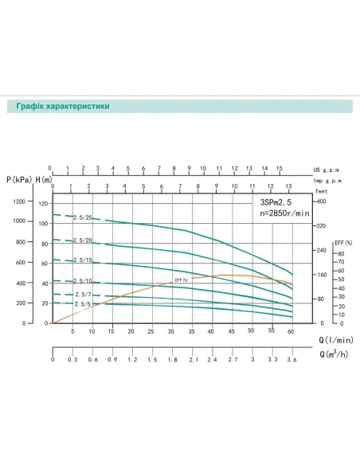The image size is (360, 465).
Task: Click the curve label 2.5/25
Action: click(x=83, y=218)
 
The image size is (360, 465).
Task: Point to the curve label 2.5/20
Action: click(x=83, y=240)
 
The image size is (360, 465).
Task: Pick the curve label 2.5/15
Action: click(x=83, y=260)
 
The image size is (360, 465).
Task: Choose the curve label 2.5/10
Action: click(x=83, y=281)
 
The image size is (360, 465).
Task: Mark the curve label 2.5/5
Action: click(x=83, y=304)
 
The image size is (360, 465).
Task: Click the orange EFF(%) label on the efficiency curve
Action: click(x=181, y=280)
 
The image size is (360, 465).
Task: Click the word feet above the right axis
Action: click(x=321, y=192)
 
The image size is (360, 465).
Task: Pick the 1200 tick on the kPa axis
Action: click(x=19, y=201)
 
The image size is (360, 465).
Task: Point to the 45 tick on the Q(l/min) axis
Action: click(x=231, y=330)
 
